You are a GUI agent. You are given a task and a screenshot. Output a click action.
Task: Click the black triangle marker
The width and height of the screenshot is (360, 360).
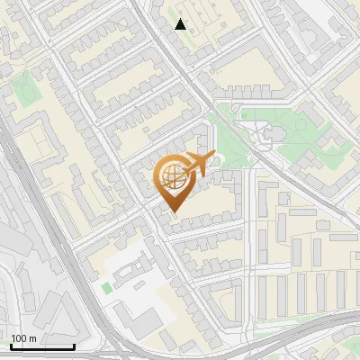[x=181, y=24]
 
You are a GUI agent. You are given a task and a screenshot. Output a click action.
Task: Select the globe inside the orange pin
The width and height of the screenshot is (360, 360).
[x=173, y=176]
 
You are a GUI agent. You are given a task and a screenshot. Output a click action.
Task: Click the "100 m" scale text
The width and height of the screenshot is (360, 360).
[x=23, y=338]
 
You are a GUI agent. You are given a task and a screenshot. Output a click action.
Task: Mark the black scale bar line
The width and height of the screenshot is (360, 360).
[x=41, y=346]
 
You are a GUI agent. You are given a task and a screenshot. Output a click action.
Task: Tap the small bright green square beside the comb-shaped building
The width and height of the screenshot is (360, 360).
[x=106, y=288]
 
